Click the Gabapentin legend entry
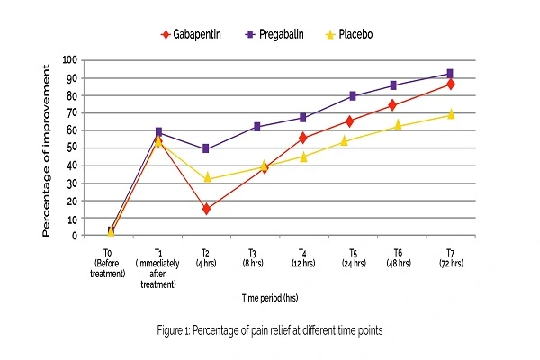tap(194, 35)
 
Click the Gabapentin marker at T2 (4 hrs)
tap(207, 209)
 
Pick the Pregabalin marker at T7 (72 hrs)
tap(450, 74)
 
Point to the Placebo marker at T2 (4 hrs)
tap(207, 178)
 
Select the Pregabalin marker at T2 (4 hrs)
tap(207, 148)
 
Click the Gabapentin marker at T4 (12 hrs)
tap(303, 138)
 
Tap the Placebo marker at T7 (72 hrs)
tap(450, 114)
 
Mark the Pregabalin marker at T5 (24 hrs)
tap(353, 95)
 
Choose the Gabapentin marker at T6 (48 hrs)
tap(401, 105)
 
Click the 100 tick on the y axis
tap(68, 60)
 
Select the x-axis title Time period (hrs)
tap(281, 294)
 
